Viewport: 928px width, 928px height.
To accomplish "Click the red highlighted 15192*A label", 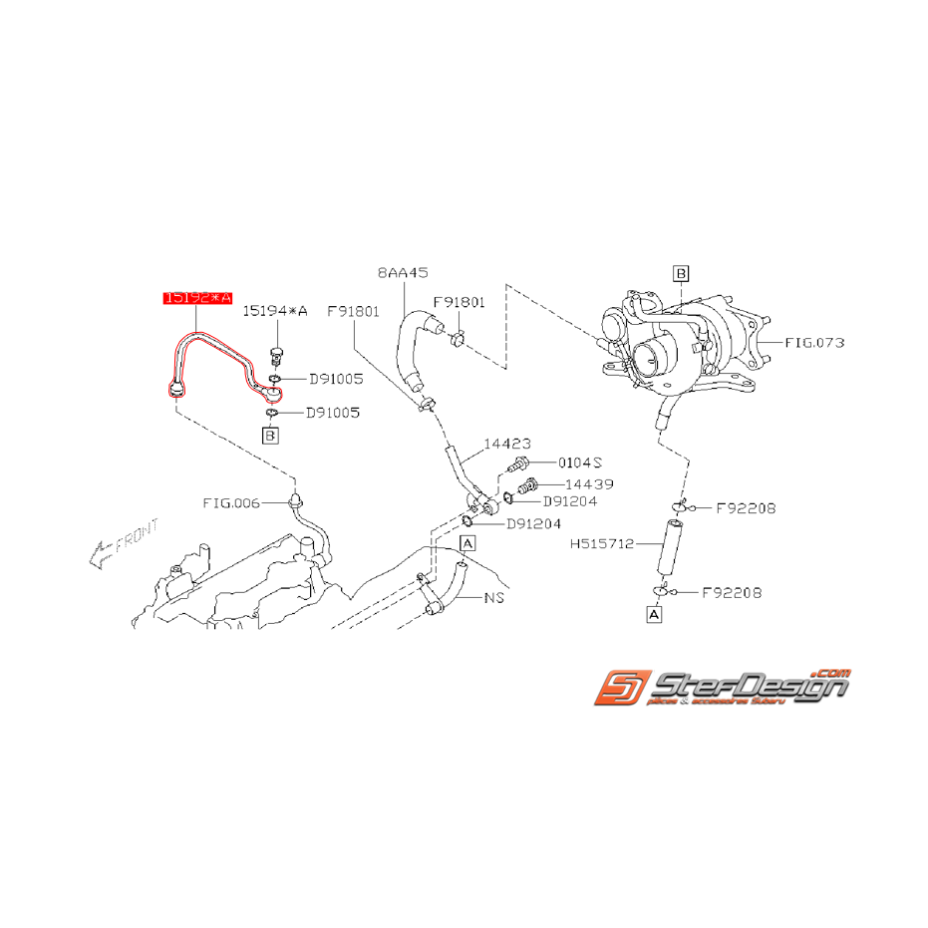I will [197, 298].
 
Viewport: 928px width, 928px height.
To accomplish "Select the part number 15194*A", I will [276, 312].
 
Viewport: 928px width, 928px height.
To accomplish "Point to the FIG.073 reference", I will [813, 342].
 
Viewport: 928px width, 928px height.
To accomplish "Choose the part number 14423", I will [507, 444].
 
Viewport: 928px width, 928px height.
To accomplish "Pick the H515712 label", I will [602, 544].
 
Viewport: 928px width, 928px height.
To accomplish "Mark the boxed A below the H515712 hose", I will [654, 616].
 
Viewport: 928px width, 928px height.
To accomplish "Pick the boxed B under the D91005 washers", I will [270, 435].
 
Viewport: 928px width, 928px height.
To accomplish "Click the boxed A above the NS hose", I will [467, 542].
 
